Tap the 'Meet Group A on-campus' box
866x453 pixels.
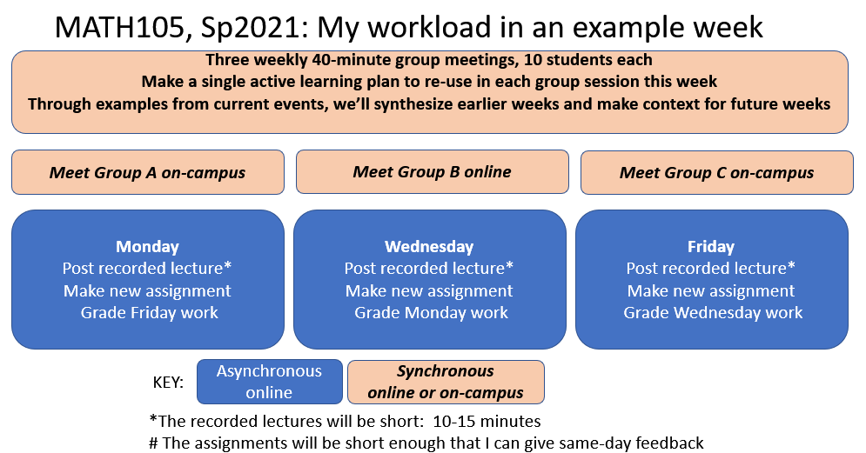pos(148,172)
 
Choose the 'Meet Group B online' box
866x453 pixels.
pos(433,171)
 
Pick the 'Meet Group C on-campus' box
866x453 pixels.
pos(717,172)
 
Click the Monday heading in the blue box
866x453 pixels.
pos(147,247)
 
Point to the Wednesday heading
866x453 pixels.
pos(429,247)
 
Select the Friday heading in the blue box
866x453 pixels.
pos(711,247)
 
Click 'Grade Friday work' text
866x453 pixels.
pos(149,313)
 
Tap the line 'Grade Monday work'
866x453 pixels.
pos(432,313)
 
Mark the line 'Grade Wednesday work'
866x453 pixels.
pos(713,313)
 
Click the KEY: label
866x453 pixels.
pos(168,383)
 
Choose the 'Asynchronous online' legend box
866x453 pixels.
pos(270,382)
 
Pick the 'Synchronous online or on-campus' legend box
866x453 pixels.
pos(446,382)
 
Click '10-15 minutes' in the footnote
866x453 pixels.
pos(487,422)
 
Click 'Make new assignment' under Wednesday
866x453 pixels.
pos(429,290)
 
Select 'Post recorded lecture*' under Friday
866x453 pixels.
pos(711,268)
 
